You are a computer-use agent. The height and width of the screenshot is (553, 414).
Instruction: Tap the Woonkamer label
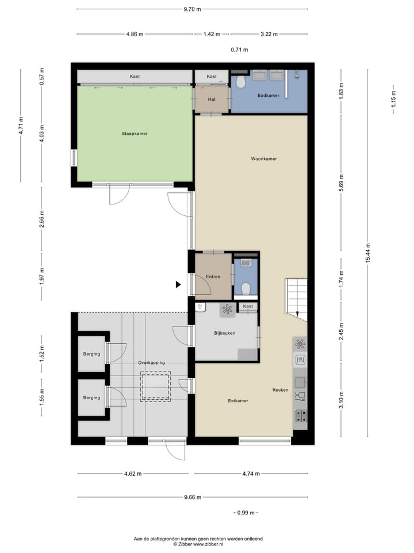point(264,159)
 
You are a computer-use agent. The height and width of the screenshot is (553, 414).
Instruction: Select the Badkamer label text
point(269,95)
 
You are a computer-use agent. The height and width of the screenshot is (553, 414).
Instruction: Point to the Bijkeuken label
point(225,333)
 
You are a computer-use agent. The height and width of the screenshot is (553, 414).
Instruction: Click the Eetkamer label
point(238,401)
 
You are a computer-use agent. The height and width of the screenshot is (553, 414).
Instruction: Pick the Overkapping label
point(151,362)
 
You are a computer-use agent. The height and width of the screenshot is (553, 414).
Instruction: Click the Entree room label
point(213,276)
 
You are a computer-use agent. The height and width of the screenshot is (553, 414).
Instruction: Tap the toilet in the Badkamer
point(241,82)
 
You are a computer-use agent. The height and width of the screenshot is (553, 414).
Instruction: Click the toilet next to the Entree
point(246,289)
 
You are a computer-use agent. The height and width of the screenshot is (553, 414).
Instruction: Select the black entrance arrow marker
point(178,284)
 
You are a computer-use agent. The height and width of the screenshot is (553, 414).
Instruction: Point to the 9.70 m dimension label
point(192,9)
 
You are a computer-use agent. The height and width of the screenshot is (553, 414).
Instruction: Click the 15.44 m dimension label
point(368,253)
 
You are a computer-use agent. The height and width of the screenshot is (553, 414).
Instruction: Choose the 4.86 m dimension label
point(135,34)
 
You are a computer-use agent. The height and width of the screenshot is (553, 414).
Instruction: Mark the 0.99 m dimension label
point(246,513)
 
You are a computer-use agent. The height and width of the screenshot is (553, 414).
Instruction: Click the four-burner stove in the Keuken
point(300,416)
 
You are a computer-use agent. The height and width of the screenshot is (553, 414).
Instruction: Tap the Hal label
point(212,100)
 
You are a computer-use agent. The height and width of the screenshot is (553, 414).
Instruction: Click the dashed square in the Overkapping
point(156,387)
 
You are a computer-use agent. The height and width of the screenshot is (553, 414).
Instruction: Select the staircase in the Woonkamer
point(296,300)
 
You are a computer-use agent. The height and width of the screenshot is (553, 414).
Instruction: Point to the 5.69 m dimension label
point(341,183)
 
